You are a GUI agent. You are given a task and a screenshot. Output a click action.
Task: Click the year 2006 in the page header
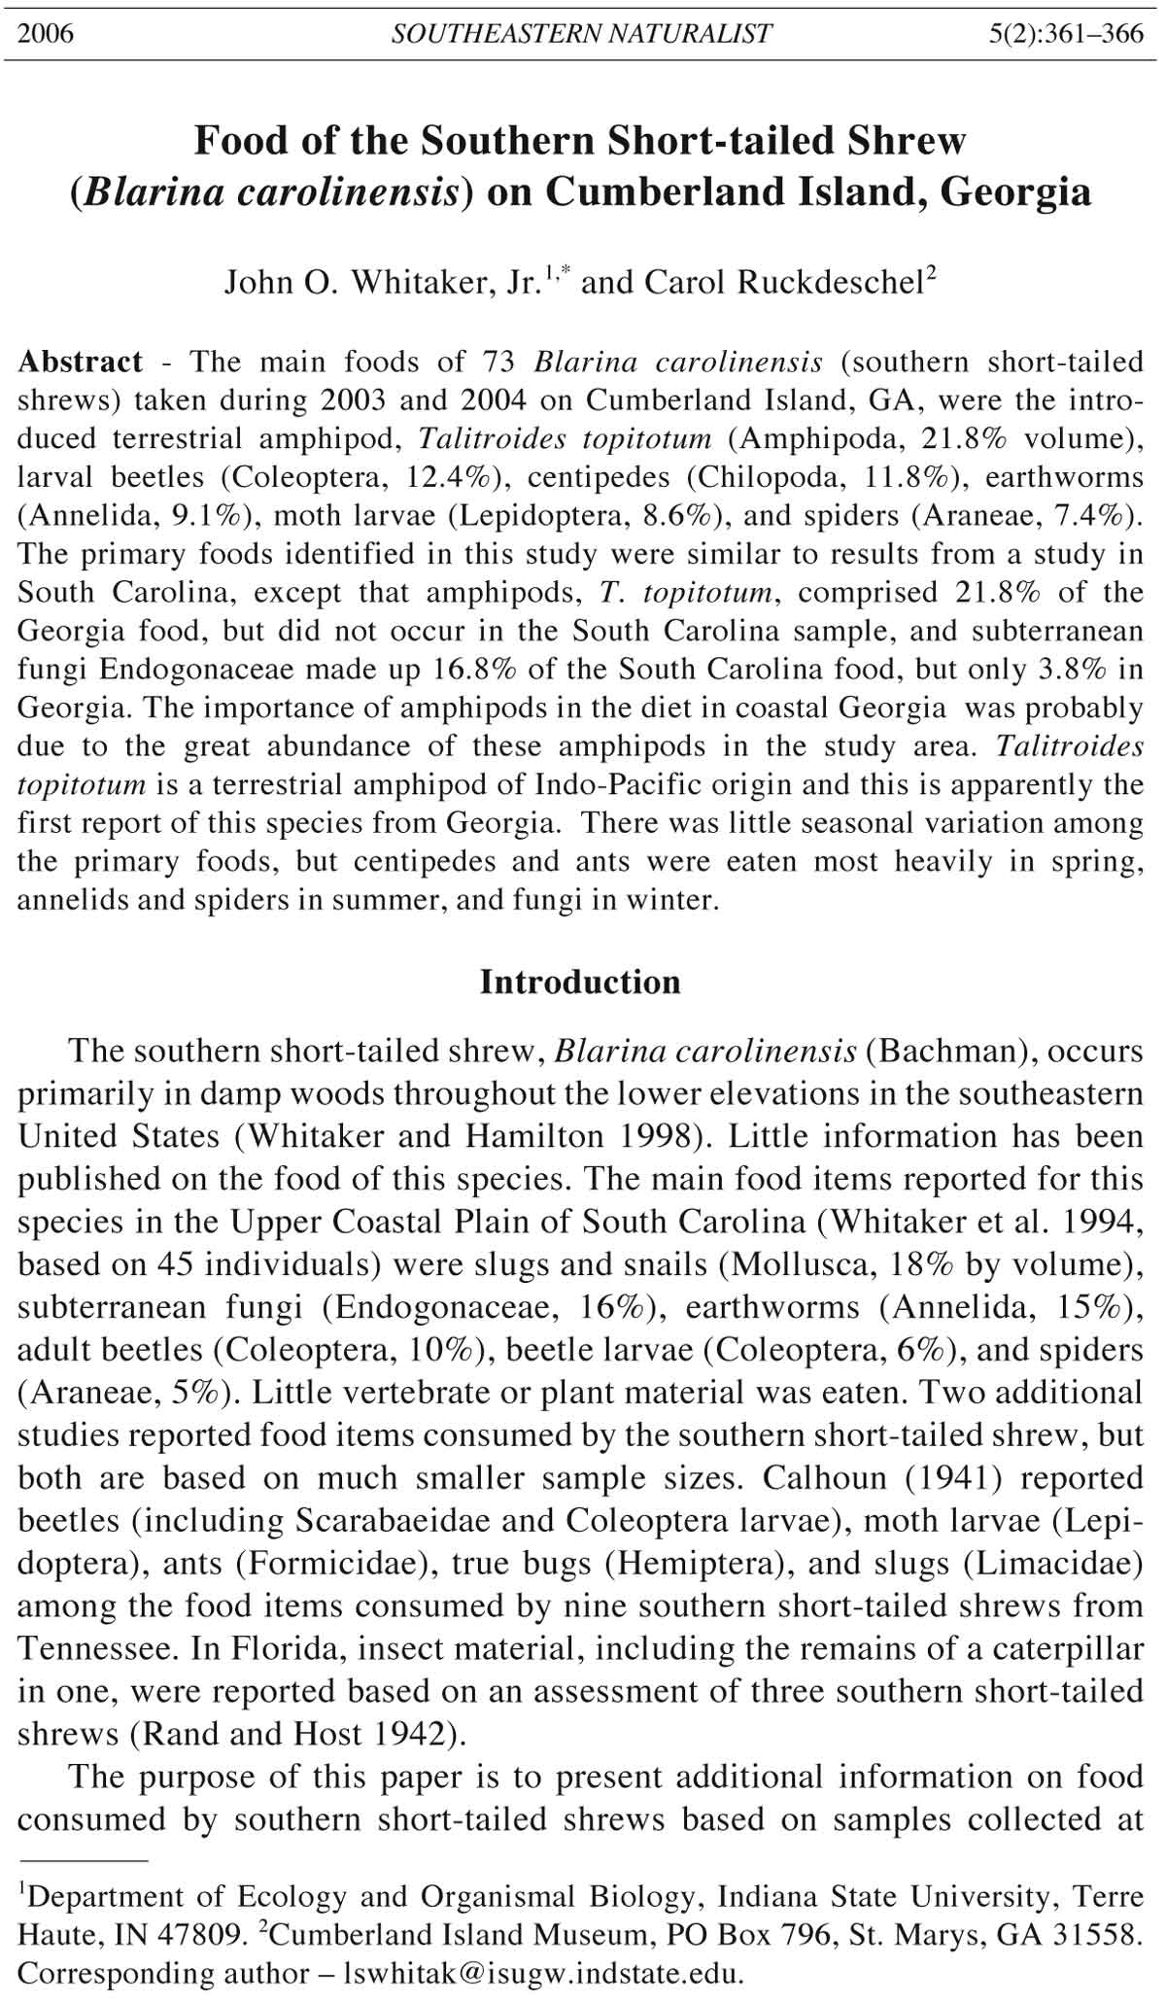tap(46, 34)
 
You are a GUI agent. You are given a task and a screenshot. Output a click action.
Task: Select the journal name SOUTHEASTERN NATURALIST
tap(581, 34)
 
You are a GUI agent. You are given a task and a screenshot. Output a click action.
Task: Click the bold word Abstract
tap(81, 363)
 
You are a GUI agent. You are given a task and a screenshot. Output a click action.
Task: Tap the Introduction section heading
tap(581, 983)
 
